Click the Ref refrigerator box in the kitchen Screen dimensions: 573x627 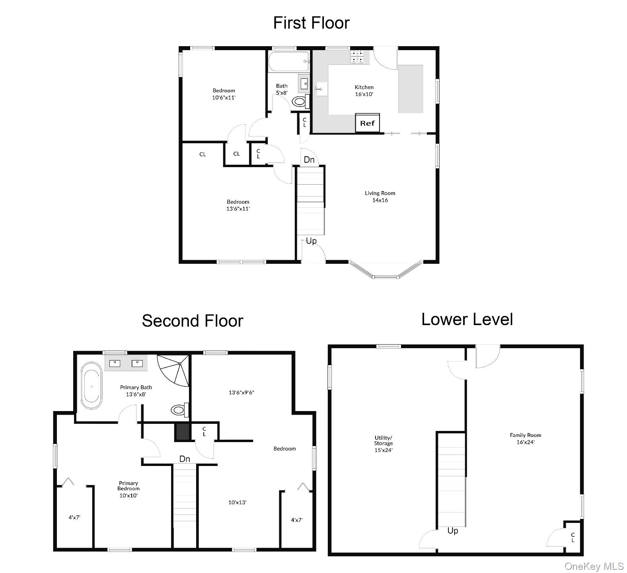point(367,123)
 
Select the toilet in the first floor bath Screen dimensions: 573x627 point(299,102)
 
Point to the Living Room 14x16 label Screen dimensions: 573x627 point(380,197)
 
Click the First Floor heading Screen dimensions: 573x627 point(311,23)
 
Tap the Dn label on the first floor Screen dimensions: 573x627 point(309,160)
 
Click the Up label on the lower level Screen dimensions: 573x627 point(453,531)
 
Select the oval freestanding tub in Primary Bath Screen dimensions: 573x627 point(91,386)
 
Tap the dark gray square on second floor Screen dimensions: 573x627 point(182,432)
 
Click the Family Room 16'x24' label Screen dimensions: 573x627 point(525,438)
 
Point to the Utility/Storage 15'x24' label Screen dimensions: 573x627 point(383,444)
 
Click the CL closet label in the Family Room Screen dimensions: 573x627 point(572,537)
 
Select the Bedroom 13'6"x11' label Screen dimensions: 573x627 point(238,205)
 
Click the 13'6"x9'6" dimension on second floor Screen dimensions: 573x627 point(241,392)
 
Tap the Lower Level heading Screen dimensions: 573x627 point(467,319)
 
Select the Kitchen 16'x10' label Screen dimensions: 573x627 point(364,90)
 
